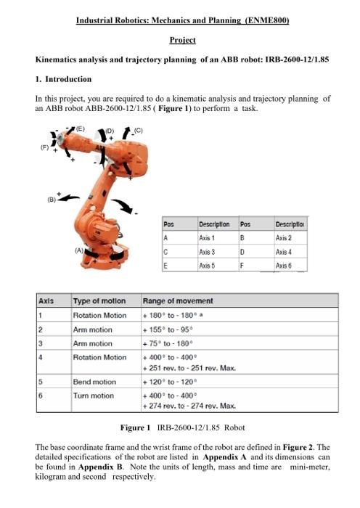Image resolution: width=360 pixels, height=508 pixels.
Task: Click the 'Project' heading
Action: tap(182, 40)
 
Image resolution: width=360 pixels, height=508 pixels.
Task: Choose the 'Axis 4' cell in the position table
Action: tap(285, 252)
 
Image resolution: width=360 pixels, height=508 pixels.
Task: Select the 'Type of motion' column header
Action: tap(99, 301)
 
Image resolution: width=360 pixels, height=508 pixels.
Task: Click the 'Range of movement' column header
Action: tap(173, 301)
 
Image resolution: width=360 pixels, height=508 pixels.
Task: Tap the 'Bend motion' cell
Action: tap(94, 382)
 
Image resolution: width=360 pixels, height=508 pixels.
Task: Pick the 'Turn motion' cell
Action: tap(94, 396)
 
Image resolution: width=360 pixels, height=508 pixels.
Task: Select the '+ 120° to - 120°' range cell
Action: tap(172, 382)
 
